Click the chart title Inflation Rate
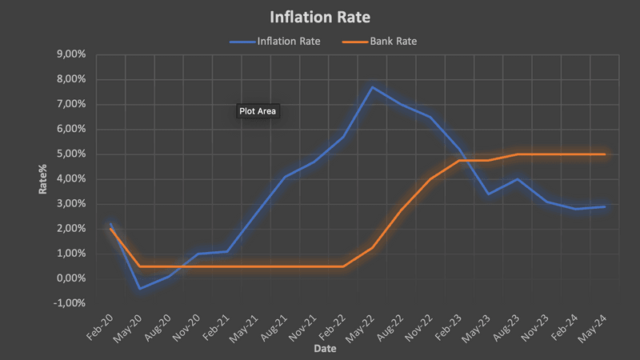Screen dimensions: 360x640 point(320,16)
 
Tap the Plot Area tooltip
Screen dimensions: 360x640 point(257,111)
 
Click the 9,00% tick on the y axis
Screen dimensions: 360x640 point(70,54)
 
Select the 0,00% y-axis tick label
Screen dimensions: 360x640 point(70,278)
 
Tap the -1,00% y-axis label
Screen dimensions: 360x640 point(69,303)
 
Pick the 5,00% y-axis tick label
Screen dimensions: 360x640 point(70,154)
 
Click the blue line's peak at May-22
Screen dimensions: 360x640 point(372,86)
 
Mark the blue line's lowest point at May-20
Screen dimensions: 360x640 point(139,289)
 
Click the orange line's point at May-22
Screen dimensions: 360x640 point(372,247)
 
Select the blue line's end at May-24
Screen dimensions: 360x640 point(604,206)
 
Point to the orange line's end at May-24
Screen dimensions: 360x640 point(604,154)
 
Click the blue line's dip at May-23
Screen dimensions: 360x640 point(488,194)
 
